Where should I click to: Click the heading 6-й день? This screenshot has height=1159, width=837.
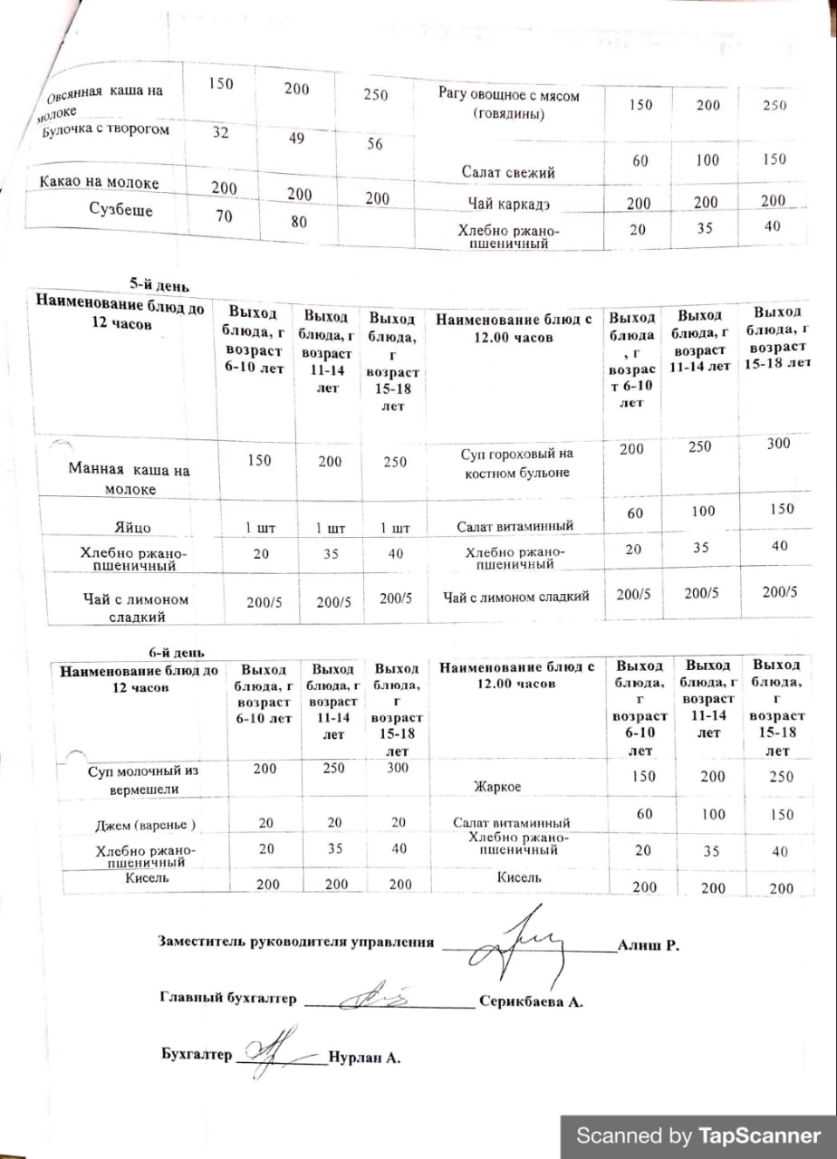176,652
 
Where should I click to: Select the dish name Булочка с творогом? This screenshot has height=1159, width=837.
105,130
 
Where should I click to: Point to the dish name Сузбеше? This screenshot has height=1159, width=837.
120,210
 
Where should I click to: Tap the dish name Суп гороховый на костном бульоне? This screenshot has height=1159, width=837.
515,463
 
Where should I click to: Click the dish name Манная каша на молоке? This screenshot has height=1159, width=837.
130,480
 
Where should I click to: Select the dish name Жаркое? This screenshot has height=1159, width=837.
497,787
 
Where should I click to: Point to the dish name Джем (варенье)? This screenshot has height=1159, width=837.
146,825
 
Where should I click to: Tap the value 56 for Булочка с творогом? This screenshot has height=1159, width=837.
374,145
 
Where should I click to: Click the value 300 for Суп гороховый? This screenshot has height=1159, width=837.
777,444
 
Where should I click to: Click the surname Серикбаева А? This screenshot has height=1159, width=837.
530,1002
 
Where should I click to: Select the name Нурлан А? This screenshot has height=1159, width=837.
364,1058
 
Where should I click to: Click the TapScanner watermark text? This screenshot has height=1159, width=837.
698,1136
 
